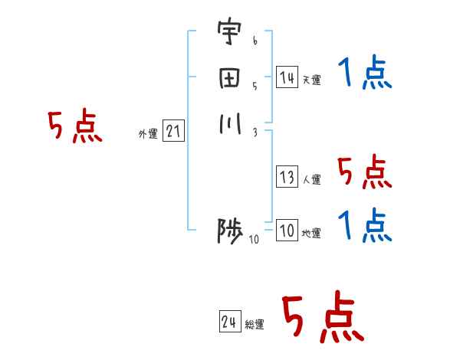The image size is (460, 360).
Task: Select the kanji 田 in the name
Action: click(228, 79)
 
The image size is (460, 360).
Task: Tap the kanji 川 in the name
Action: click(228, 123)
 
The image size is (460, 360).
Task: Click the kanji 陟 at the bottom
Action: click(229, 231)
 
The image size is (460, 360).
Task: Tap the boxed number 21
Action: click(174, 132)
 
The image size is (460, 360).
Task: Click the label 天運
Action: click(312, 80)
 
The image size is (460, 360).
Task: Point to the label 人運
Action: click(312, 180)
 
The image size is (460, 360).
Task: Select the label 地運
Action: click(312, 234)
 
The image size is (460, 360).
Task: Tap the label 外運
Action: click(148, 134)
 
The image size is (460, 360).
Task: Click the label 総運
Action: click(255, 324)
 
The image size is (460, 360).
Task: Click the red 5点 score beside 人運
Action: click(364, 173)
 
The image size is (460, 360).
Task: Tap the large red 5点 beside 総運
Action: click(322, 318)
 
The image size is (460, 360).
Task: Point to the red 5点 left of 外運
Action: click(75, 127)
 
